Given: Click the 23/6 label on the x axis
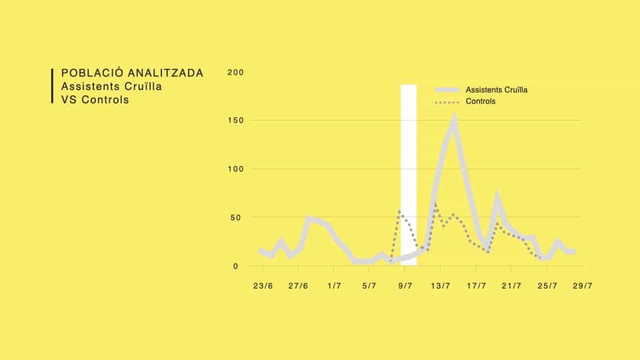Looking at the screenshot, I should pos(263,286).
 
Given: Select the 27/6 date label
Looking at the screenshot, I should pos(298,286).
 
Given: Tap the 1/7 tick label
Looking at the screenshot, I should pos(334,286).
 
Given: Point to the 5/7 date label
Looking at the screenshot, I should pos(369,286).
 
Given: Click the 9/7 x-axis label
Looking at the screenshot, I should pos(405,286).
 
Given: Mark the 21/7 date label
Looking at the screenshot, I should pos(511,286).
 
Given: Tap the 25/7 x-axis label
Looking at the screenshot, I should pos(547,286).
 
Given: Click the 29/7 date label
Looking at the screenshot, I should pos(582,286).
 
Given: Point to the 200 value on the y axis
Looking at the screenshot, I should pos(236,72).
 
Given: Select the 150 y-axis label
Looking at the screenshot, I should pos(236,121).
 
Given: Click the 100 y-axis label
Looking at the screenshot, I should pos(236,169).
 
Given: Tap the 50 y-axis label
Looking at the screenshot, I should pos(239,217).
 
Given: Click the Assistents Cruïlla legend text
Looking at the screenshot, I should pos(497,90).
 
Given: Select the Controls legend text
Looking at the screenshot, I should pos(481,102).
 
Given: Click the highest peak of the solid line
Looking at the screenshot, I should pos(454,119).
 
